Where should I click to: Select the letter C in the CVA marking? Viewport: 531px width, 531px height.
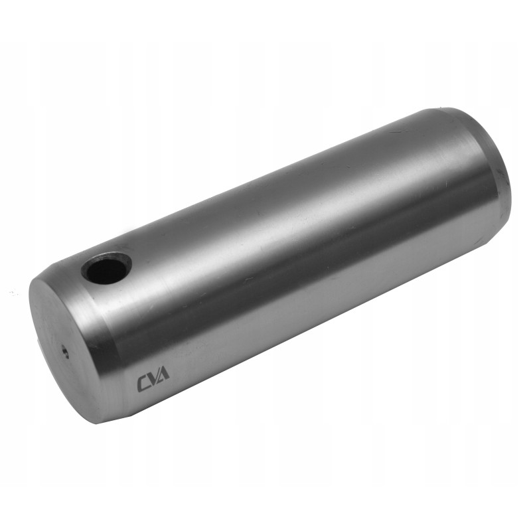(143, 384)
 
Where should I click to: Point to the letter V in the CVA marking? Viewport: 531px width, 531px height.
(153, 381)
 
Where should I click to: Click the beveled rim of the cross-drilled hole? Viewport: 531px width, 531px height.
(119, 256)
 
